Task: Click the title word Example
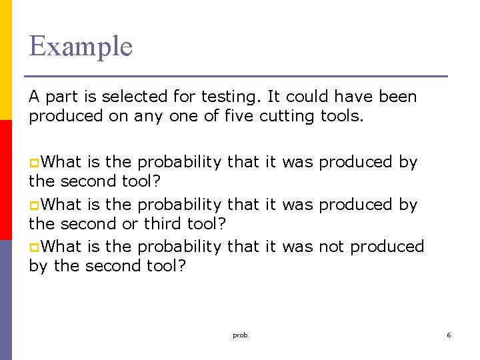click(81, 47)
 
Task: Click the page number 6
click(449, 335)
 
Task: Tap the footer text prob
click(240, 335)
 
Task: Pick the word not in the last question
click(331, 247)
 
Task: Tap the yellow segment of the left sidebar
click(6, 60)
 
